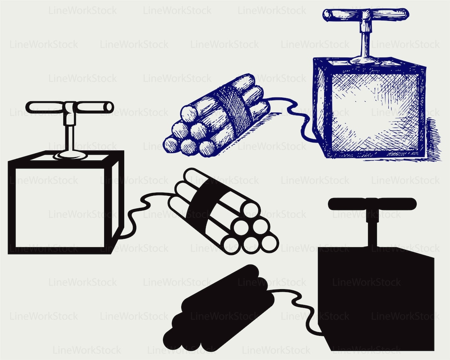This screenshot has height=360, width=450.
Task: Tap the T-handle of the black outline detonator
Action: [70, 107]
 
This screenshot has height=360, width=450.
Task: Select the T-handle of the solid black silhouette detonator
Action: [372, 203]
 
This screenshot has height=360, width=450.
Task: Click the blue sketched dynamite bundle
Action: [217, 115]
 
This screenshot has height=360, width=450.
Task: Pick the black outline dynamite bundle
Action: [223, 212]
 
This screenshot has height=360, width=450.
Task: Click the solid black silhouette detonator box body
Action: [376, 299]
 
